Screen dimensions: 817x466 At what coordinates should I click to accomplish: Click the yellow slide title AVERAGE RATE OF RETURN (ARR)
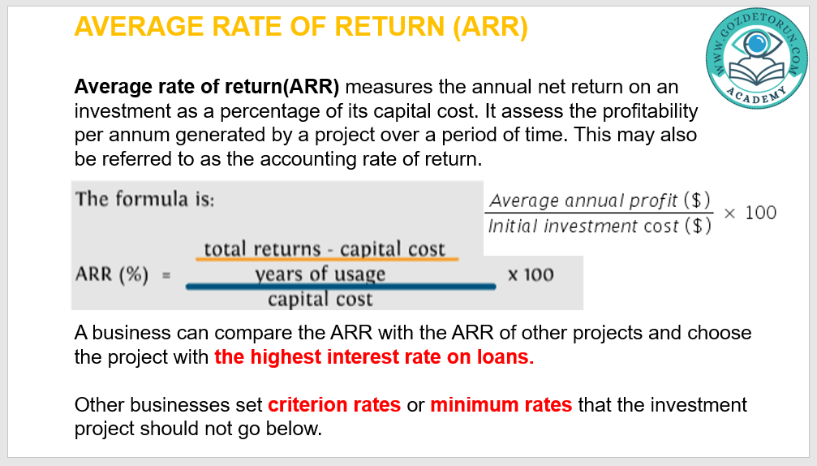click(x=301, y=27)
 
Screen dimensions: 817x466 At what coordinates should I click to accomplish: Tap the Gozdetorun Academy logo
click(x=756, y=58)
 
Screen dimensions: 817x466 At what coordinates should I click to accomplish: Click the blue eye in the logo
click(x=756, y=44)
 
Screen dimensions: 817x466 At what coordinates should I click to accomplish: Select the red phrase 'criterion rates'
click(x=334, y=404)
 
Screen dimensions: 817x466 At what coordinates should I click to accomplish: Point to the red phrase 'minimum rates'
click(x=501, y=404)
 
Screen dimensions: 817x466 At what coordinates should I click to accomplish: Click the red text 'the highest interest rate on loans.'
click(x=374, y=357)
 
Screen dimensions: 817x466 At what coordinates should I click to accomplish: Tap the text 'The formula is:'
click(x=145, y=199)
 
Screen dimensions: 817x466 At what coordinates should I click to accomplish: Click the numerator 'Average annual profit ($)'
click(x=600, y=201)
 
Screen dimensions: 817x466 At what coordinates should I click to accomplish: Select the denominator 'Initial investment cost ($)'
click(x=600, y=227)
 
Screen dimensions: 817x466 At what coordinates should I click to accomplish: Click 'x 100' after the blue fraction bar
click(x=531, y=274)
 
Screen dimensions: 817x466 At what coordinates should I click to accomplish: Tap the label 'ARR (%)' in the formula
click(x=112, y=274)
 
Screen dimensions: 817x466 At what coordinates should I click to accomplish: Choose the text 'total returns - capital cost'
click(x=325, y=249)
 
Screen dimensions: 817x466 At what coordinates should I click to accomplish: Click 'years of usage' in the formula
click(x=320, y=274)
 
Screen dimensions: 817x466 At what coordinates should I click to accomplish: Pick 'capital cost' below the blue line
click(x=320, y=300)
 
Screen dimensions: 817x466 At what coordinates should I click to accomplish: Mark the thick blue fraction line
click(x=341, y=286)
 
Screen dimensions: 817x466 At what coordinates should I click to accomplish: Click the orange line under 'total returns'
click(x=327, y=258)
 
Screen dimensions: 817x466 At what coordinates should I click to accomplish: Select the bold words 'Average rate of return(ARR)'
click(x=207, y=87)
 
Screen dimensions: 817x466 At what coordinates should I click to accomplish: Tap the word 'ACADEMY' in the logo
click(x=757, y=96)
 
